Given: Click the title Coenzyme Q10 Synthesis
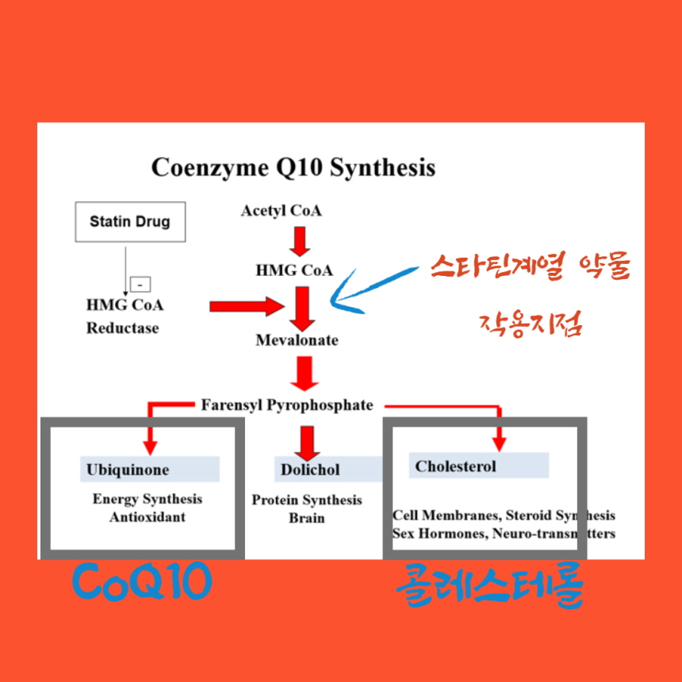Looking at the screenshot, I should (x=293, y=168).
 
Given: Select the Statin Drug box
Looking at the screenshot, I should (x=129, y=221).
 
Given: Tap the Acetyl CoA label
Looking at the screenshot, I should (x=282, y=211).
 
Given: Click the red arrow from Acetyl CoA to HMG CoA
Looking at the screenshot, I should (x=299, y=241).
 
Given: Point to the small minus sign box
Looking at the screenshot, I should (x=140, y=284).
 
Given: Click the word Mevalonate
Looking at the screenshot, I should (x=297, y=340).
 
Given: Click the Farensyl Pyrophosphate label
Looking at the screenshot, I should (x=286, y=405).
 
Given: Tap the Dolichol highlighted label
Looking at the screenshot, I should (x=310, y=469).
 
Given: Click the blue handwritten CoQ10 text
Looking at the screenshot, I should (x=143, y=583).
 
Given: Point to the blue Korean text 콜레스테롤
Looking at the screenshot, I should (x=489, y=587).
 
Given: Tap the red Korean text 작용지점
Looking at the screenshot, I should (x=531, y=324).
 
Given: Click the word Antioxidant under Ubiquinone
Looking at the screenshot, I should (x=148, y=516).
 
